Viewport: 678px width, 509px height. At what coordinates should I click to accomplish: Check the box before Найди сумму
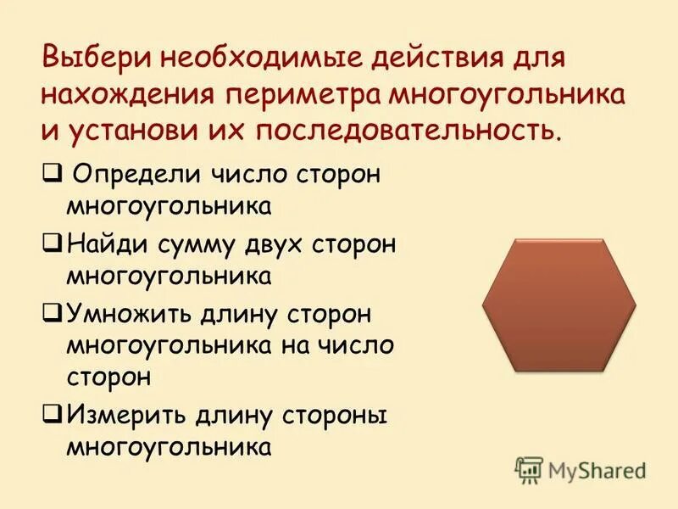(x=49, y=243)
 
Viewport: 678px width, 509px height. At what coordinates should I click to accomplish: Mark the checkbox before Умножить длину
(x=49, y=314)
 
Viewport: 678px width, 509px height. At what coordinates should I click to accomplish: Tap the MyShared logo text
(x=597, y=470)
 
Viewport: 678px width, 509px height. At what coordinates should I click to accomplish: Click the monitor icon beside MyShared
(x=529, y=469)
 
